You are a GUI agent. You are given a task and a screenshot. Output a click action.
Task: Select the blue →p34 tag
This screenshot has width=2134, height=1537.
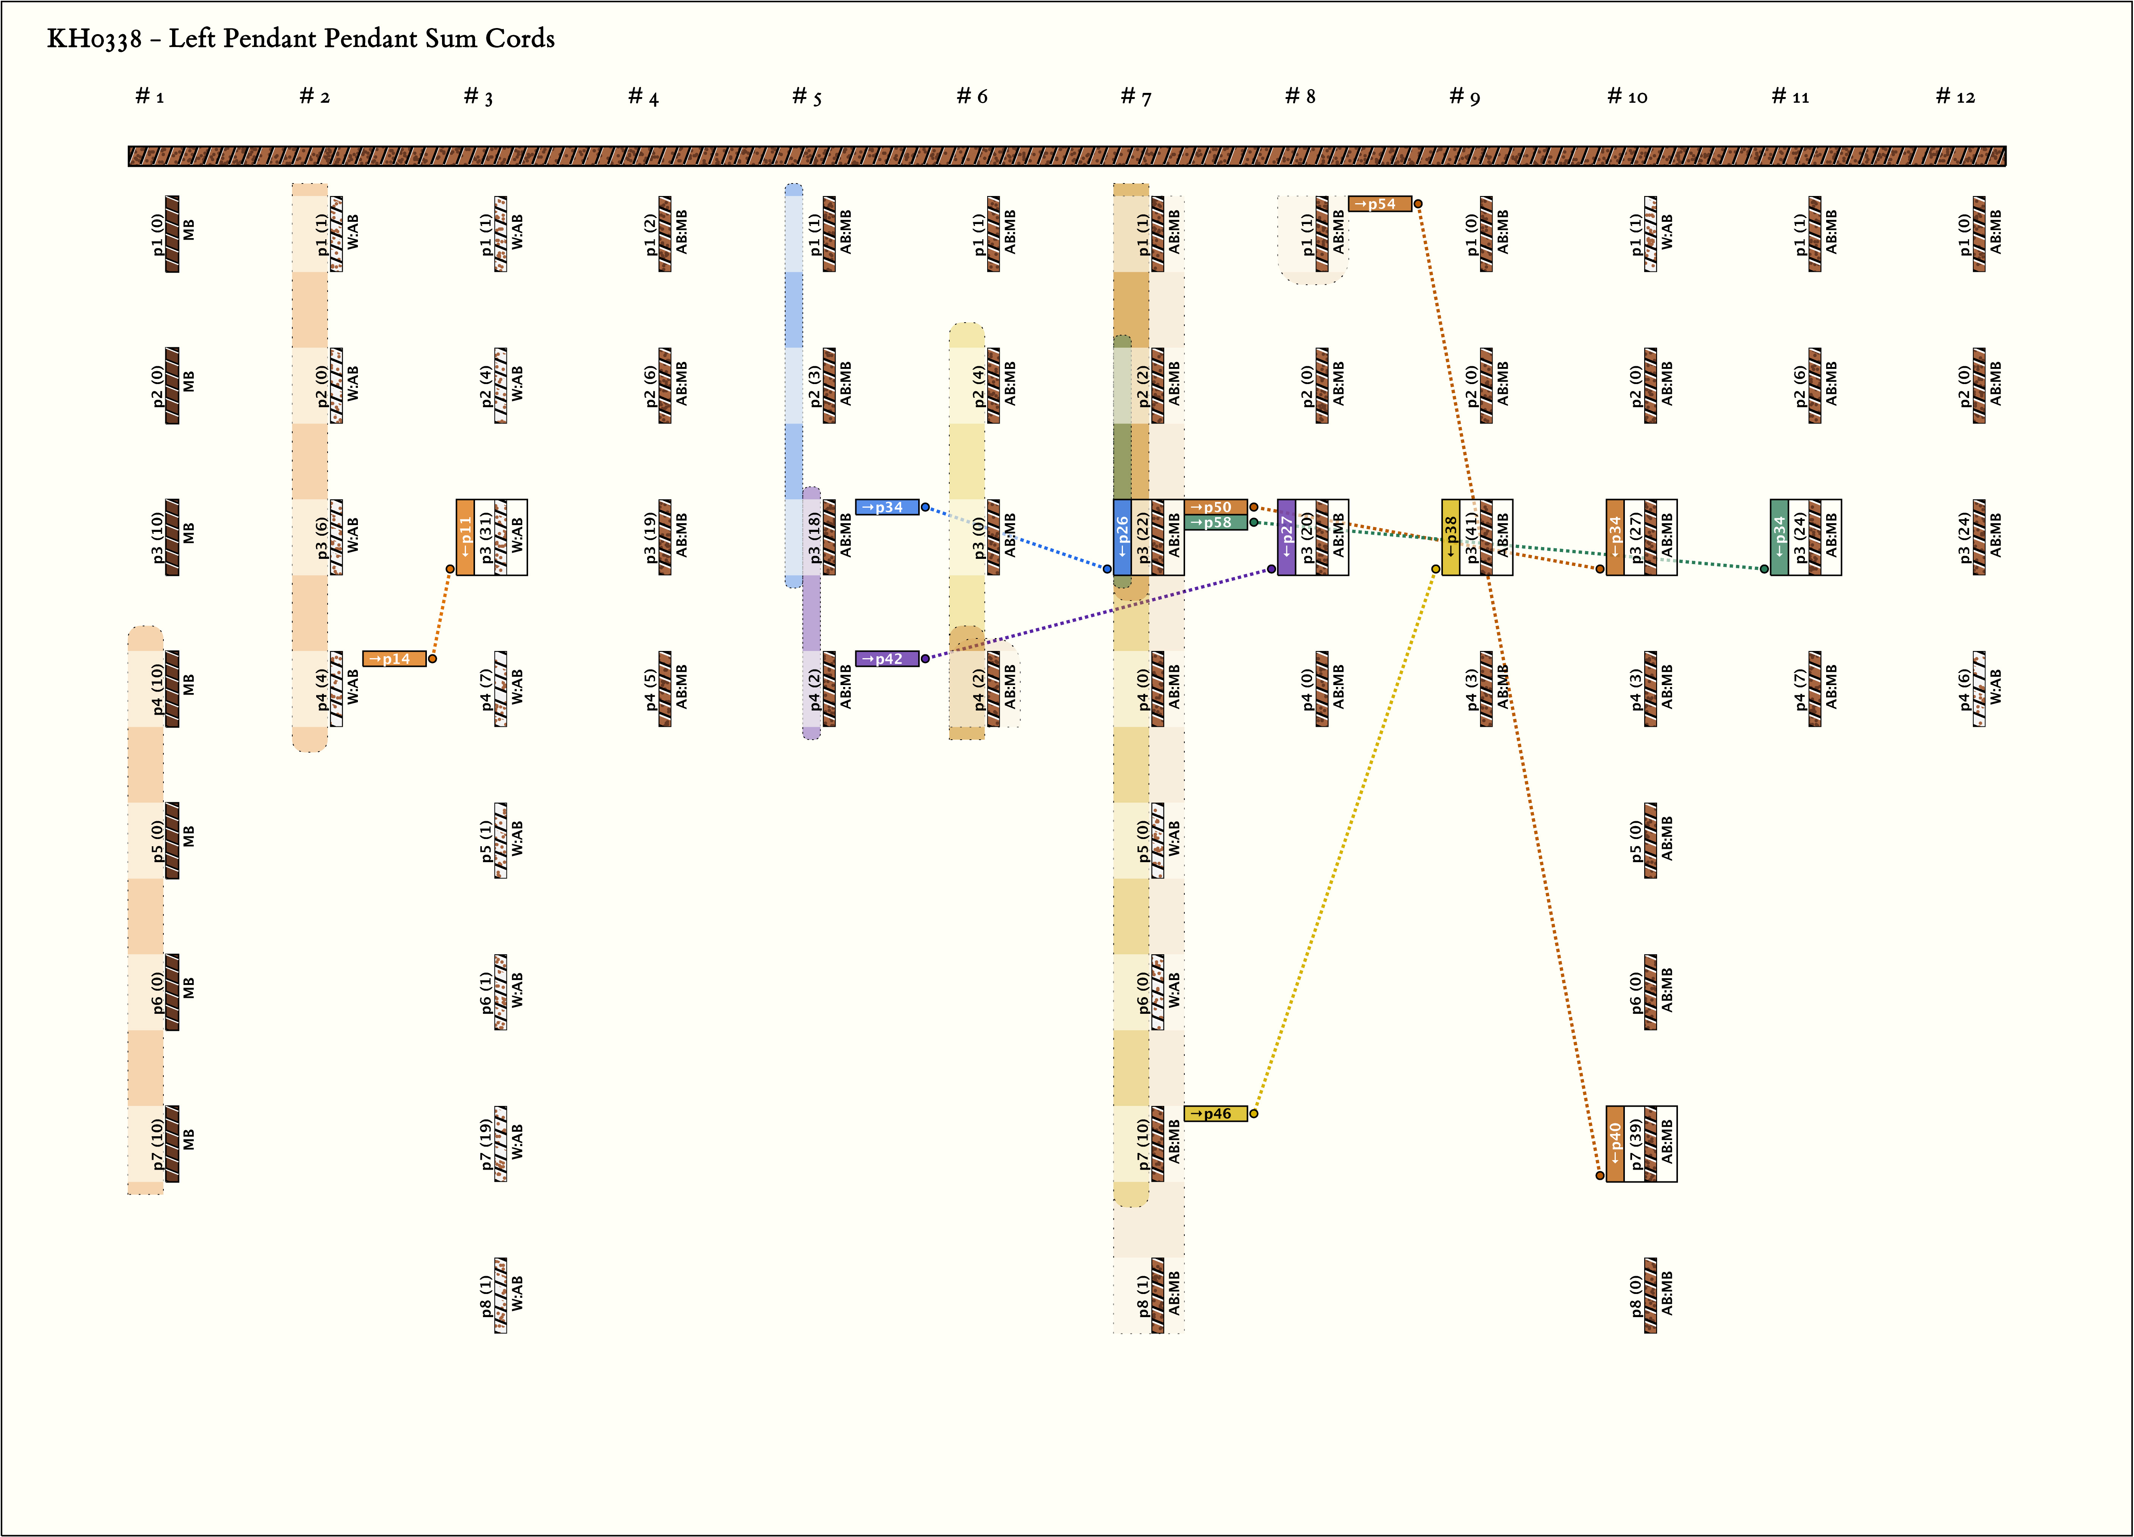[886, 507]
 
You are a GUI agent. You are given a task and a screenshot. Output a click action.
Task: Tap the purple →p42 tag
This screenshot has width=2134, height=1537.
[886, 659]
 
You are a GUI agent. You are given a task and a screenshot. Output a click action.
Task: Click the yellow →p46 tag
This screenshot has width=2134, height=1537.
[1215, 1114]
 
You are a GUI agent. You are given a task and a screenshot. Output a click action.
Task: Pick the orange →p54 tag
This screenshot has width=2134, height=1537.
[1379, 203]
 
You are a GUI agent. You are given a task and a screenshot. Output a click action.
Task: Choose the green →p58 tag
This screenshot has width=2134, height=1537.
[1215, 522]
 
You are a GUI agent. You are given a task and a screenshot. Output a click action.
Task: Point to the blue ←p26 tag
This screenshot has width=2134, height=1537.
[1121, 538]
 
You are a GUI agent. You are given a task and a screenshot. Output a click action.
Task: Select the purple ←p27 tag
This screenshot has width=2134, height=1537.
[1286, 538]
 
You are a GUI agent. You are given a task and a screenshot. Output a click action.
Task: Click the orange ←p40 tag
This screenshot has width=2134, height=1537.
[1615, 1143]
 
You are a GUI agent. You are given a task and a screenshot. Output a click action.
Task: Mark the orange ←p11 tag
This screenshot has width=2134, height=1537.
[465, 538]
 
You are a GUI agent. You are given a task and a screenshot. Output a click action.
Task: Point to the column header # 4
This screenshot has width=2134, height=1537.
[644, 96]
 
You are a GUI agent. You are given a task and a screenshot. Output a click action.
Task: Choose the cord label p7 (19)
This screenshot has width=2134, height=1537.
[486, 1143]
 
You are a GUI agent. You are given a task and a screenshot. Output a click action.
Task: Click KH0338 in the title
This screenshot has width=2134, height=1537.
[94, 39]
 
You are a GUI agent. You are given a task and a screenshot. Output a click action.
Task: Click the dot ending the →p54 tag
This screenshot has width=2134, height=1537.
[1418, 203]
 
